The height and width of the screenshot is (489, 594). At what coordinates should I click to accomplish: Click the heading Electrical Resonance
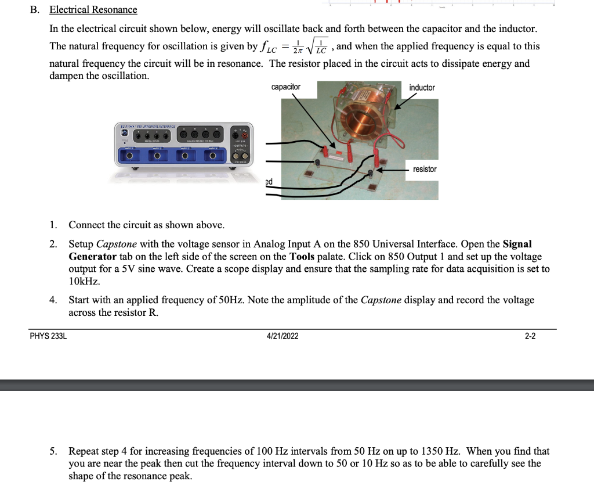[x=93, y=10]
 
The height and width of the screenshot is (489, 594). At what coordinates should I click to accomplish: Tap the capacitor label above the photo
[x=285, y=87]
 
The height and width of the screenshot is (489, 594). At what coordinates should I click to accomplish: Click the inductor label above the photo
[x=422, y=88]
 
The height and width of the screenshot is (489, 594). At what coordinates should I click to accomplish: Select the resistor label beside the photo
[x=425, y=169]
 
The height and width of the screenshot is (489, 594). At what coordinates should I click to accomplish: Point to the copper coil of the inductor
[x=363, y=121]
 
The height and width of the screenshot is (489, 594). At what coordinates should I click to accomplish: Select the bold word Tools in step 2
[x=302, y=256]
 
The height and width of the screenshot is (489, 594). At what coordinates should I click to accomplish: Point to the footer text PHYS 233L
[x=48, y=336]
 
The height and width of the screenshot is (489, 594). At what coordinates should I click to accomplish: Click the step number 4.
[x=53, y=300]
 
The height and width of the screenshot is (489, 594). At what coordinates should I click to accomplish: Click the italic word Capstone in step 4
[x=381, y=300]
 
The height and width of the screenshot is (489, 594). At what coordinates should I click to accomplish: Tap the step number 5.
[x=53, y=451]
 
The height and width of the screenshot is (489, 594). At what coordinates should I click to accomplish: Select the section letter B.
[x=34, y=10]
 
